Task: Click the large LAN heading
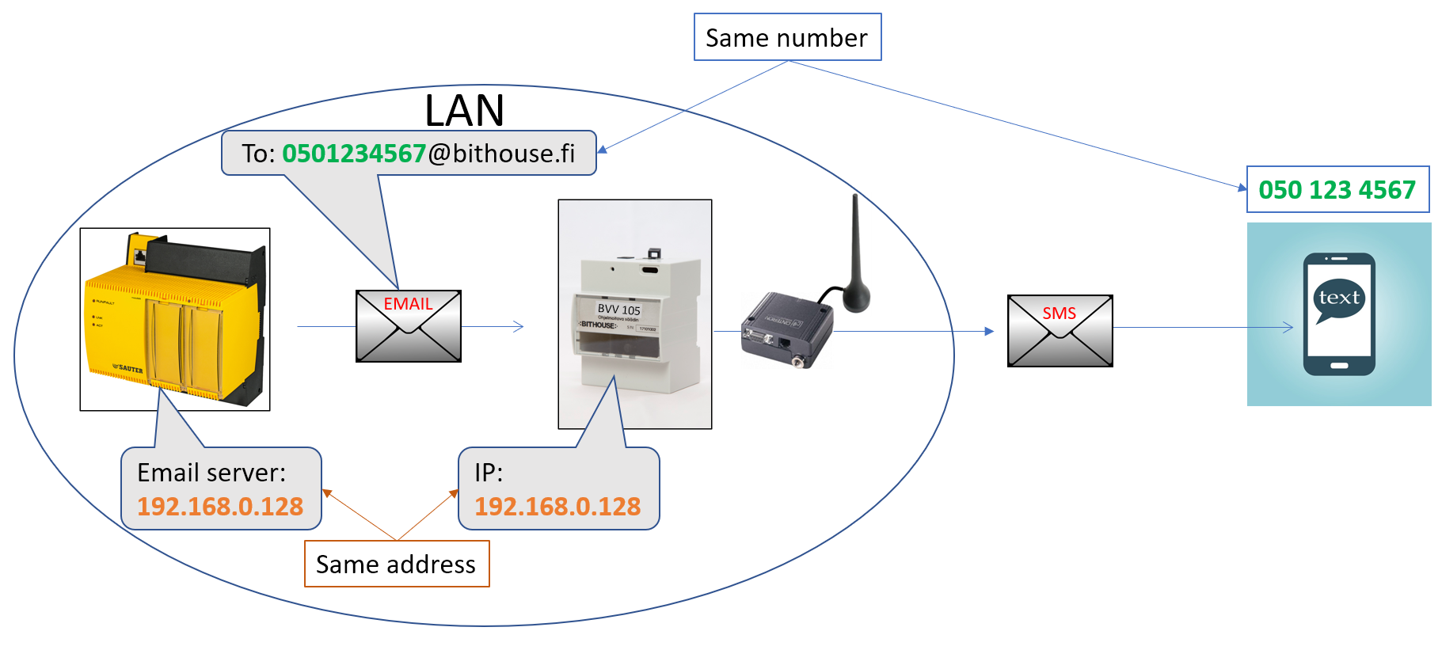(464, 110)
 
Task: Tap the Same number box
(786, 37)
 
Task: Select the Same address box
(396, 564)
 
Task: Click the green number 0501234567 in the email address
(354, 153)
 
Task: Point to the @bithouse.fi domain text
(501, 153)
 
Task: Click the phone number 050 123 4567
(1337, 190)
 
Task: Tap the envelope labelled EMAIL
(408, 326)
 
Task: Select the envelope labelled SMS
(1060, 331)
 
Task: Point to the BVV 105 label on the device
(618, 310)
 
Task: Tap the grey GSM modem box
(784, 329)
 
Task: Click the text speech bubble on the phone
(1339, 298)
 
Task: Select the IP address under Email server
(220, 507)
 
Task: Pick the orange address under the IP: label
(557, 507)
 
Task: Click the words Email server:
(211, 473)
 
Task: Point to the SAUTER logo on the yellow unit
(128, 368)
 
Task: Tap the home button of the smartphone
(1339, 366)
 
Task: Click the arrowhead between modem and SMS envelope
(989, 331)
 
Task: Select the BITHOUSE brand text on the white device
(598, 325)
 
